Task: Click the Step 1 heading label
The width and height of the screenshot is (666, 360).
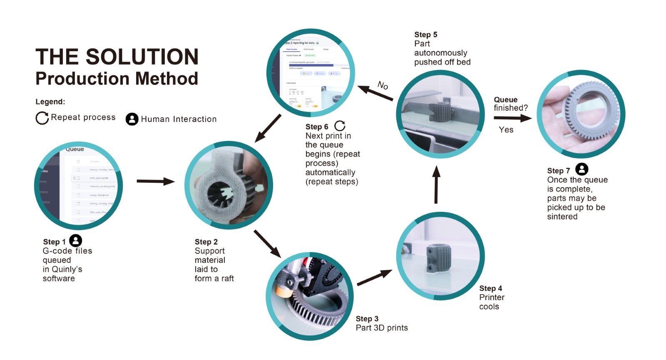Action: tap(54, 242)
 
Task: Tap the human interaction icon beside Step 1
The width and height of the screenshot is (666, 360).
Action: tap(75, 241)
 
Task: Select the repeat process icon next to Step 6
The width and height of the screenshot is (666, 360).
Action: tap(340, 126)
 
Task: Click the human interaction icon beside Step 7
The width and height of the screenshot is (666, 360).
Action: tap(582, 169)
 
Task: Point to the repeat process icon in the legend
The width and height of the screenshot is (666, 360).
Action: tap(42, 118)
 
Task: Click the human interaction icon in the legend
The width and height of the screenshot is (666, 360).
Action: tap(132, 119)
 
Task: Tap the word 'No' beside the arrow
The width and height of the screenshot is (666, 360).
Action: tap(383, 85)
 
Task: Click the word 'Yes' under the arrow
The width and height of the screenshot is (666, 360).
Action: tap(506, 130)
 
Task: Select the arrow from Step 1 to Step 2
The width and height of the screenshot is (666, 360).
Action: tap(156, 181)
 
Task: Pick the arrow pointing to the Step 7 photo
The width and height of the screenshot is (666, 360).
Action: tap(512, 118)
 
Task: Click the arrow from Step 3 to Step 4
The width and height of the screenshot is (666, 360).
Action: tap(374, 278)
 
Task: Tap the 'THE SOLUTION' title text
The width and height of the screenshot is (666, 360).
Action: tap(117, 57)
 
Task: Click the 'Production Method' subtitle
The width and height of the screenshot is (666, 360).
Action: tap(117, 79)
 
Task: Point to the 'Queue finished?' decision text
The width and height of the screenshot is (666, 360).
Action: tap(510, 104)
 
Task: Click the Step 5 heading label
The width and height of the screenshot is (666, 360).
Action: tap(425, 35)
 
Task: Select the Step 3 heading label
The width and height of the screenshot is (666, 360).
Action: tap(367, 319)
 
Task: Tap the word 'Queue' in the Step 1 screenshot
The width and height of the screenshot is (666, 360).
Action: tap(75, 149)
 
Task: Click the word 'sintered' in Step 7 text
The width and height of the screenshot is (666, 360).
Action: tap(562, 216)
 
